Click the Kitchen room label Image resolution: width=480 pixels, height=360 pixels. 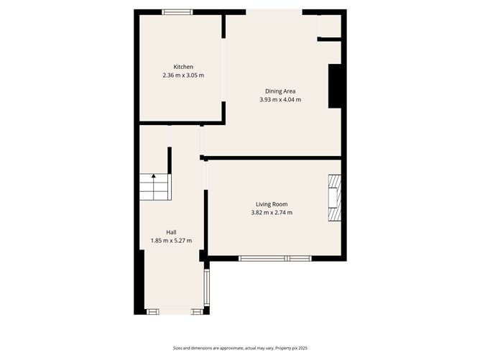183,67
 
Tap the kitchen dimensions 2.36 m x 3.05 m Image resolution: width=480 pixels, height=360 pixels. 183,75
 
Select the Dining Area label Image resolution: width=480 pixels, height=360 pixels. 280,91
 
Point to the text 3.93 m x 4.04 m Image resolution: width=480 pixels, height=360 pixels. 280,100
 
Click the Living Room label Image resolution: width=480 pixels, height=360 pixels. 272,204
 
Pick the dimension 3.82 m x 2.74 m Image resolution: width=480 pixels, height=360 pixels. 272,213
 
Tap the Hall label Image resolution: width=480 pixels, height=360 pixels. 171,232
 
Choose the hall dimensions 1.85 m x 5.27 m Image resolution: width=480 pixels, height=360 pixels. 171,241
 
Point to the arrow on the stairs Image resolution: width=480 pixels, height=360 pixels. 153,176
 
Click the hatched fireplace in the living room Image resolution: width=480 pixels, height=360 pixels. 334,200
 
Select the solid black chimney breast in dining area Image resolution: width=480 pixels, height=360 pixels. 334,86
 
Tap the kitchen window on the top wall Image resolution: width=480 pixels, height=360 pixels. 177,11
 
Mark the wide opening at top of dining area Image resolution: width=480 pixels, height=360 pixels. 274,11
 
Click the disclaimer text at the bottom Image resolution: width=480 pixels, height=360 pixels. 240,348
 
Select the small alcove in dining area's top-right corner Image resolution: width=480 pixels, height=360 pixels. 329,26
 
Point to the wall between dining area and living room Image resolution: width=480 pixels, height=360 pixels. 273,157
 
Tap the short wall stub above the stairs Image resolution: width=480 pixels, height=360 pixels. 170,159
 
